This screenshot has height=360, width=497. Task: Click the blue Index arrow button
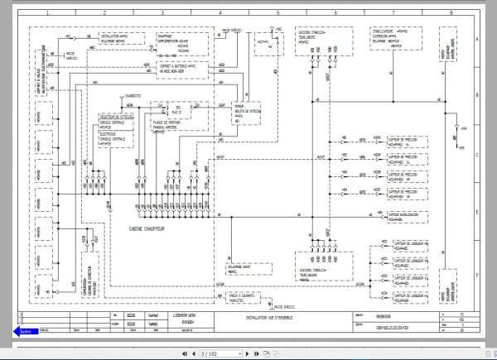(x=23, y=330)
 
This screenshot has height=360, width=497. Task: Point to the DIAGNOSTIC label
(x=132, y=96)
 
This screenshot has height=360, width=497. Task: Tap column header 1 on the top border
(x=46, y=14)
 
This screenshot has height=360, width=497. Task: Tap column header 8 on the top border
(x=450, y=14)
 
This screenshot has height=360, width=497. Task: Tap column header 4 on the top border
(x=219, y=14)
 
